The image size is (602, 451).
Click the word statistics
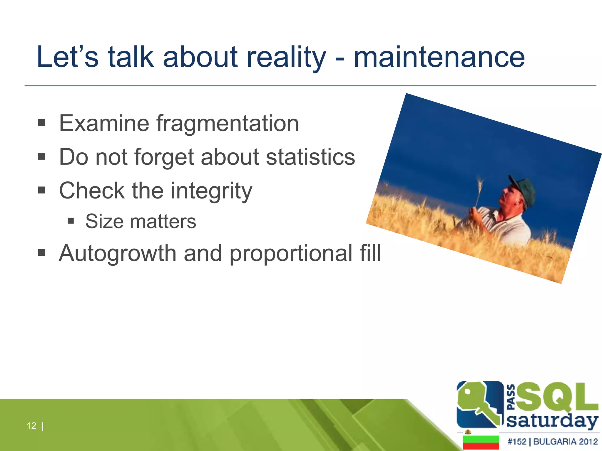click(310, 157)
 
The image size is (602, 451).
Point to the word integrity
click(211, 191)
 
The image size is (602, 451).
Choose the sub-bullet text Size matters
click(141, 221)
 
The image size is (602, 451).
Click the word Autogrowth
click(118, 253)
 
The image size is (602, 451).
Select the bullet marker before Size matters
click(71, 221)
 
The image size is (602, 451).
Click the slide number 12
click(31, 426)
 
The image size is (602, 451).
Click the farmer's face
click(510, 198)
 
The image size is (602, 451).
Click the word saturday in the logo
click(552, 421)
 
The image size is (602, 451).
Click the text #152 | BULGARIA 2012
click(552, 442)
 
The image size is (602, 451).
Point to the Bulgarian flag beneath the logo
click(481, 442)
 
